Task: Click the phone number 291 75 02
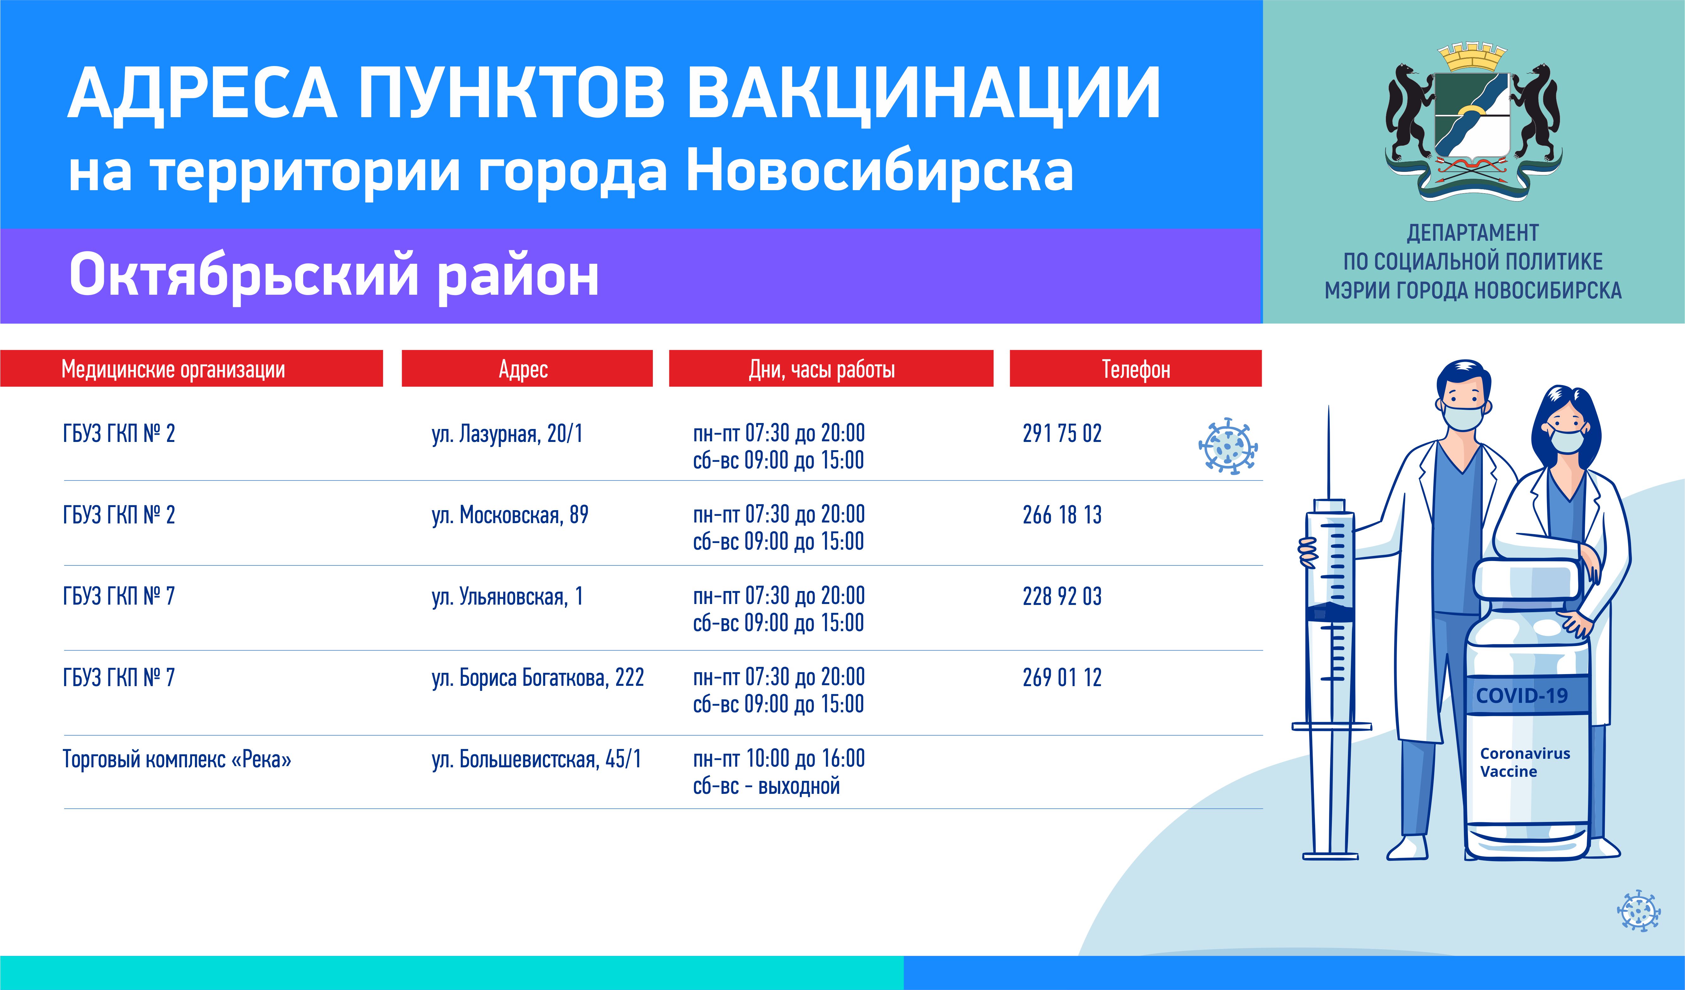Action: coord(1062,433)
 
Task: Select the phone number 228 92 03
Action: coord(1062,596)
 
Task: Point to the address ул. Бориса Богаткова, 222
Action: coord(538,678)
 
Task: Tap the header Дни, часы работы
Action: coord(822,369)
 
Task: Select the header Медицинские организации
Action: coord(173,369)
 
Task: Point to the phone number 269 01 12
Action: coord(1062,678)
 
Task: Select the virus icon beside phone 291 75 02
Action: coord(1228,446)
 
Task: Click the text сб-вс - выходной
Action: coord(766,786)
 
